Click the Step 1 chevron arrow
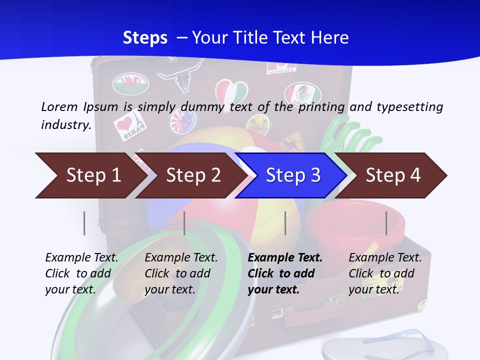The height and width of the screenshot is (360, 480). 92,175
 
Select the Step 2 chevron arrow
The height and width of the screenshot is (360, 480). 191,175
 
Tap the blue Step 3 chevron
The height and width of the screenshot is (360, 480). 291,175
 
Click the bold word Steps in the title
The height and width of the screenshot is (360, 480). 145,38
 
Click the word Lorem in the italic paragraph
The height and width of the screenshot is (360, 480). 59,107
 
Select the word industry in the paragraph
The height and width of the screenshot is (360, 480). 66,124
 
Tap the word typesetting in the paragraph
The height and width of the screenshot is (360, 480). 410,107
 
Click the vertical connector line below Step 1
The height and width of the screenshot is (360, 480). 84,223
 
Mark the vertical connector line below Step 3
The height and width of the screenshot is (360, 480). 285,223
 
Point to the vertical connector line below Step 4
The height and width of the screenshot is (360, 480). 386,223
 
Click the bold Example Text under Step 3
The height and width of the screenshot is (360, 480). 285,257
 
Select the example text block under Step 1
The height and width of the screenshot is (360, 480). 81,273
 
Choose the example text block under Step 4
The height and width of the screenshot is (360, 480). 385,273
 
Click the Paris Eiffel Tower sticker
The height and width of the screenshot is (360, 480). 130,125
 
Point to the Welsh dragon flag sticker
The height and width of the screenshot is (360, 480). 130,83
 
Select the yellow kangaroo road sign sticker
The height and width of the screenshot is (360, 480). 291,142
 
